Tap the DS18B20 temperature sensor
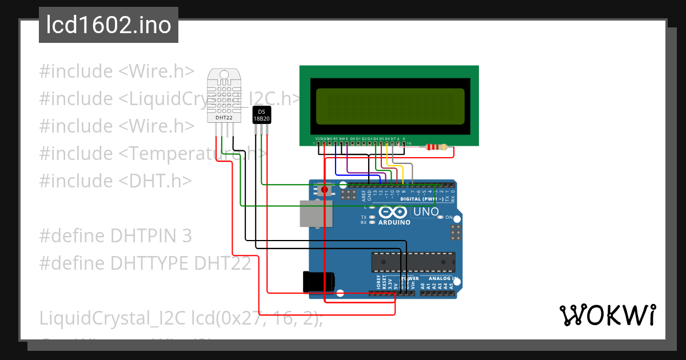[261, 115]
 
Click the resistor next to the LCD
[437, 147]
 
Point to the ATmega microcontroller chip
[413, 262]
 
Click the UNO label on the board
[426, 212]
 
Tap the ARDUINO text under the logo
[394, 222]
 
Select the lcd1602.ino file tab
[109, 25]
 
